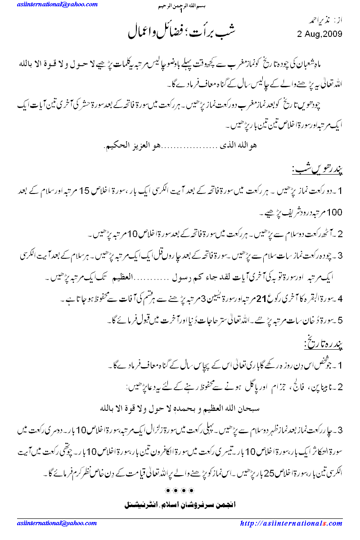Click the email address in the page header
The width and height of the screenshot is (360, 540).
coord(58,4)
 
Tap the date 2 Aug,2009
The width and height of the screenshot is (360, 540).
coord(320,34)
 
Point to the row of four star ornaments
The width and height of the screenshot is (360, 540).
coord(180,489)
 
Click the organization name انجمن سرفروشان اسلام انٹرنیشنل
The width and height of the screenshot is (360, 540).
coord(180,504)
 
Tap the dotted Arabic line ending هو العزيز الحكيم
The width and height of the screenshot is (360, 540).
coord(180,146)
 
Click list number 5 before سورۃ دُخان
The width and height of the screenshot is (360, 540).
coord(340,321)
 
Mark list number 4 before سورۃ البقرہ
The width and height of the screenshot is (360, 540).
coord(340,299)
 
